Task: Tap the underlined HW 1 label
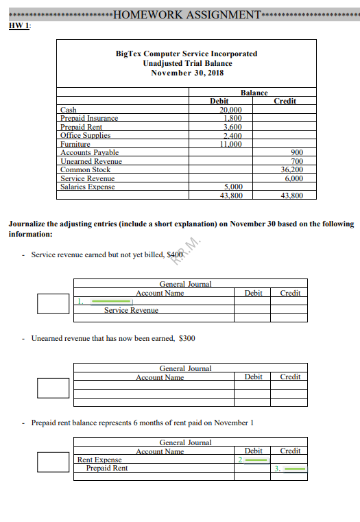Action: click(20, 25)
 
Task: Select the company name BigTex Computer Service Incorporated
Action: click(187, 53)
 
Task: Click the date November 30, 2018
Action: click(187, 73)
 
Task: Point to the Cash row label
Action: click(69, 110)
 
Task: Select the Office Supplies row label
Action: click(86, 135)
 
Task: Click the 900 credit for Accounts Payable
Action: click(297, 152)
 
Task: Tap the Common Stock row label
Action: click(85, 169)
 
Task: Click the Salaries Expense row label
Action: click(88, 187)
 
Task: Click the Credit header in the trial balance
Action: click(285, 101)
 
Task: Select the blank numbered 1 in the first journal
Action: click(110, 301)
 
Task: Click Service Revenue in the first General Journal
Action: click(131, 310)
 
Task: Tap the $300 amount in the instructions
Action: click(187, 338)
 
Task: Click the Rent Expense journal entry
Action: click(99, 460)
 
